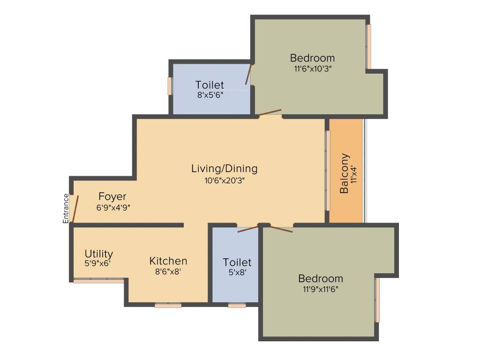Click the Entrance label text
(x=66, y=208)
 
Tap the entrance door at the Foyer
(x=74, y=209)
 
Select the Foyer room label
(x=112, y=196)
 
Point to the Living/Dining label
(x=224, y=168)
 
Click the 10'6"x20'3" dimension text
(x=224, y=180)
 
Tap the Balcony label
(x=345, y=173)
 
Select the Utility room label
(x=98, y=254)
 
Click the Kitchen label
(x=168, y=261)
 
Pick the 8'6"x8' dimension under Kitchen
(x=168, y=271)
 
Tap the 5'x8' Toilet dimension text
(x=237, y=272)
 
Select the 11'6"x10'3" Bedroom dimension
(x=312, y=68)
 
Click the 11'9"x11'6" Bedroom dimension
(x=321, y=289)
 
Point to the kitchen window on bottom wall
(x=168, y=306)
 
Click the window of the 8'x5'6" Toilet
(x=170, y=86)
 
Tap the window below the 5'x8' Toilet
(x=237, y=306)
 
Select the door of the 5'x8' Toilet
(x=247, y=229)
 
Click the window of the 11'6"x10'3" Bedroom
(x=369, y=46)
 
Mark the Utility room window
(x=98, y=281)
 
